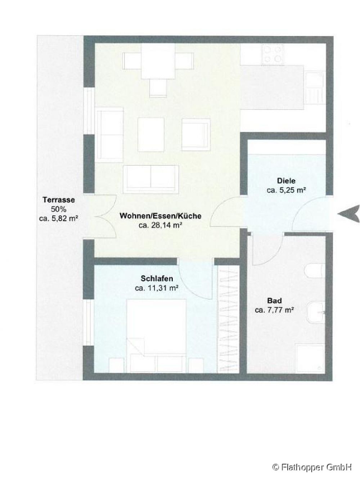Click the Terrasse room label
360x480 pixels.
coord(59,199)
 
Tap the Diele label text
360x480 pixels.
coord(286,181)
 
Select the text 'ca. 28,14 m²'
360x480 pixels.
coord(161,225)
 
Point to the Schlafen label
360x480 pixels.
coord(157,278)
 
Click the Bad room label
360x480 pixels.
coord(274,301)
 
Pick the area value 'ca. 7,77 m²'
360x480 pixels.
coord(274,310)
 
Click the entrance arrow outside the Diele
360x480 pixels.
coord(349,214)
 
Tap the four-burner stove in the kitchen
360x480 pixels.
coord(273,55)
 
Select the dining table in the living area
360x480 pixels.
coord(158,61)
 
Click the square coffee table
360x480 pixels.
coord(151,134)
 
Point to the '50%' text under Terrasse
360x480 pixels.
coord(59,209)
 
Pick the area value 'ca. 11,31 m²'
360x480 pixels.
coord(157,288)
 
